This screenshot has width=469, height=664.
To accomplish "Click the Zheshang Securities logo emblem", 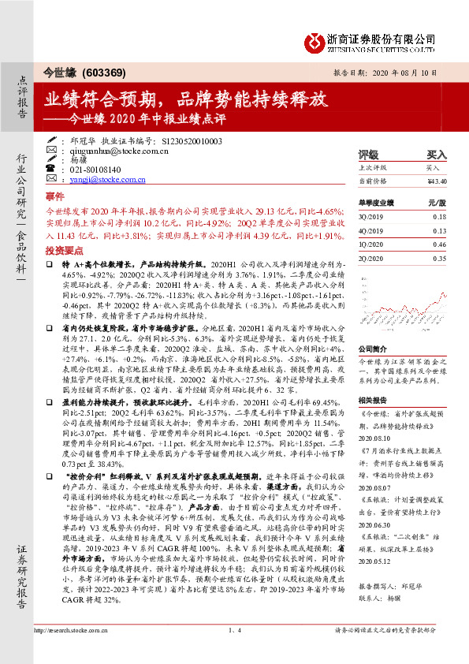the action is click(316, 39).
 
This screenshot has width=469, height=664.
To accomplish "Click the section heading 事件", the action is click(54, 196).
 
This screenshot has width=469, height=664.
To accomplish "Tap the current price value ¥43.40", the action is click(437, 181).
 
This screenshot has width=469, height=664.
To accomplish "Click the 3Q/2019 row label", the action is click(370, 216).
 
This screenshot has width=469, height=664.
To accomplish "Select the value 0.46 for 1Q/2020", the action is click(439, 244).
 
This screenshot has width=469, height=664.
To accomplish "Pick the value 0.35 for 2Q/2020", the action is click(439, 259).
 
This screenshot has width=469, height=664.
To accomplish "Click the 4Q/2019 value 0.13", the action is click(439, 230).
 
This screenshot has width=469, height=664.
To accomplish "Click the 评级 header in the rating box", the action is click(368, 155).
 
